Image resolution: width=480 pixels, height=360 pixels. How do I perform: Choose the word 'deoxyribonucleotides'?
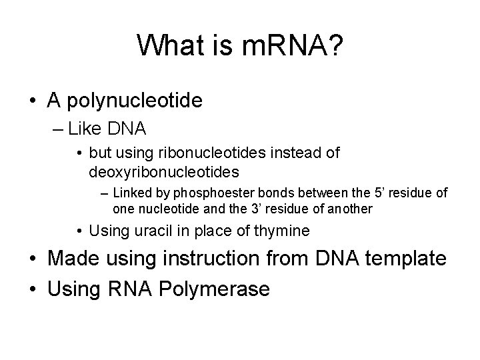tap(163, 172)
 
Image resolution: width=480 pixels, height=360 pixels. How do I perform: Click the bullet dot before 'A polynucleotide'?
tap(32, 101)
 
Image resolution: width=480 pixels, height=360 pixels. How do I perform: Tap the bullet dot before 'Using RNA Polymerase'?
tap(32, 290)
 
